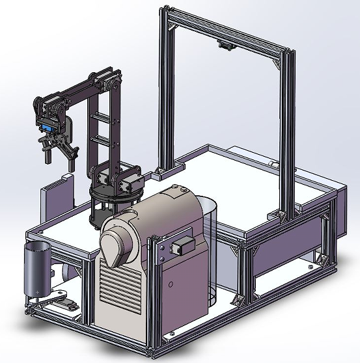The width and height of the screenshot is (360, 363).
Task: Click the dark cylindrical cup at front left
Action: click(38, 267)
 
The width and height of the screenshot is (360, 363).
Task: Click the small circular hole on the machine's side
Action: click(171, 285)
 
